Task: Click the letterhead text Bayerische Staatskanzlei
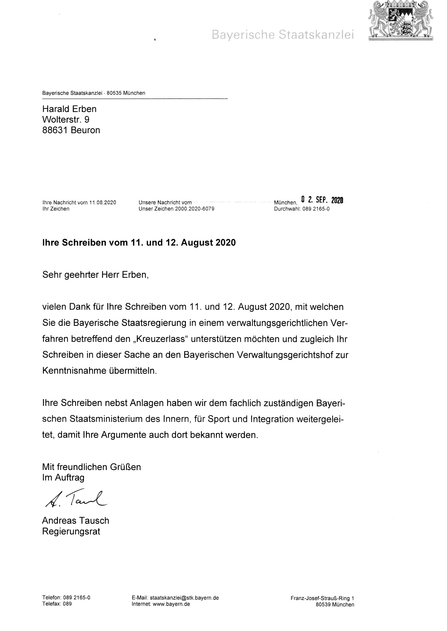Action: click(283, 35)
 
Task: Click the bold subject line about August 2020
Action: click(139, 243)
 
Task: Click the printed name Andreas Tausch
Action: click(76, 521)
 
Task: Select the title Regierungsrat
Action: click(71, 531)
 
